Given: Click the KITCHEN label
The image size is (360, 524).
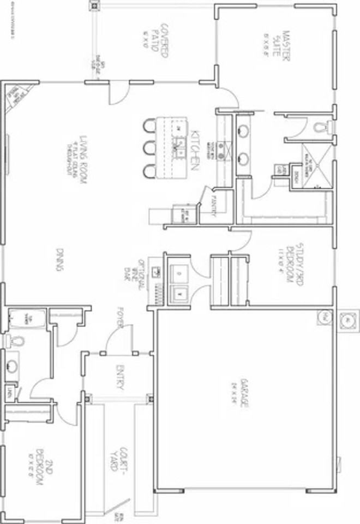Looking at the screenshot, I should pyautogui.click(x=194, y=149).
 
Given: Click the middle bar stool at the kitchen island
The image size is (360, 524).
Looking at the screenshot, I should pyautogui.click(x=148, y=148).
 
